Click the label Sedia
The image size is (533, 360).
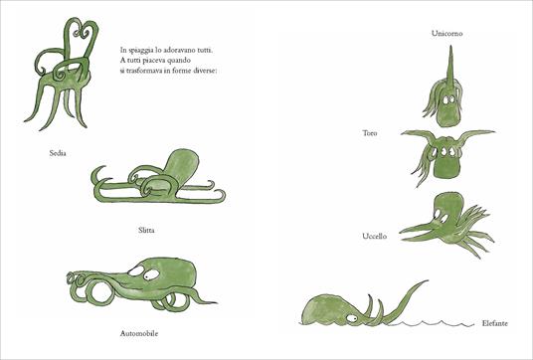pyautogui.click(x=43, y=154)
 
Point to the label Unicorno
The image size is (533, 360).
pyautogui.click(x=446, y=34)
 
